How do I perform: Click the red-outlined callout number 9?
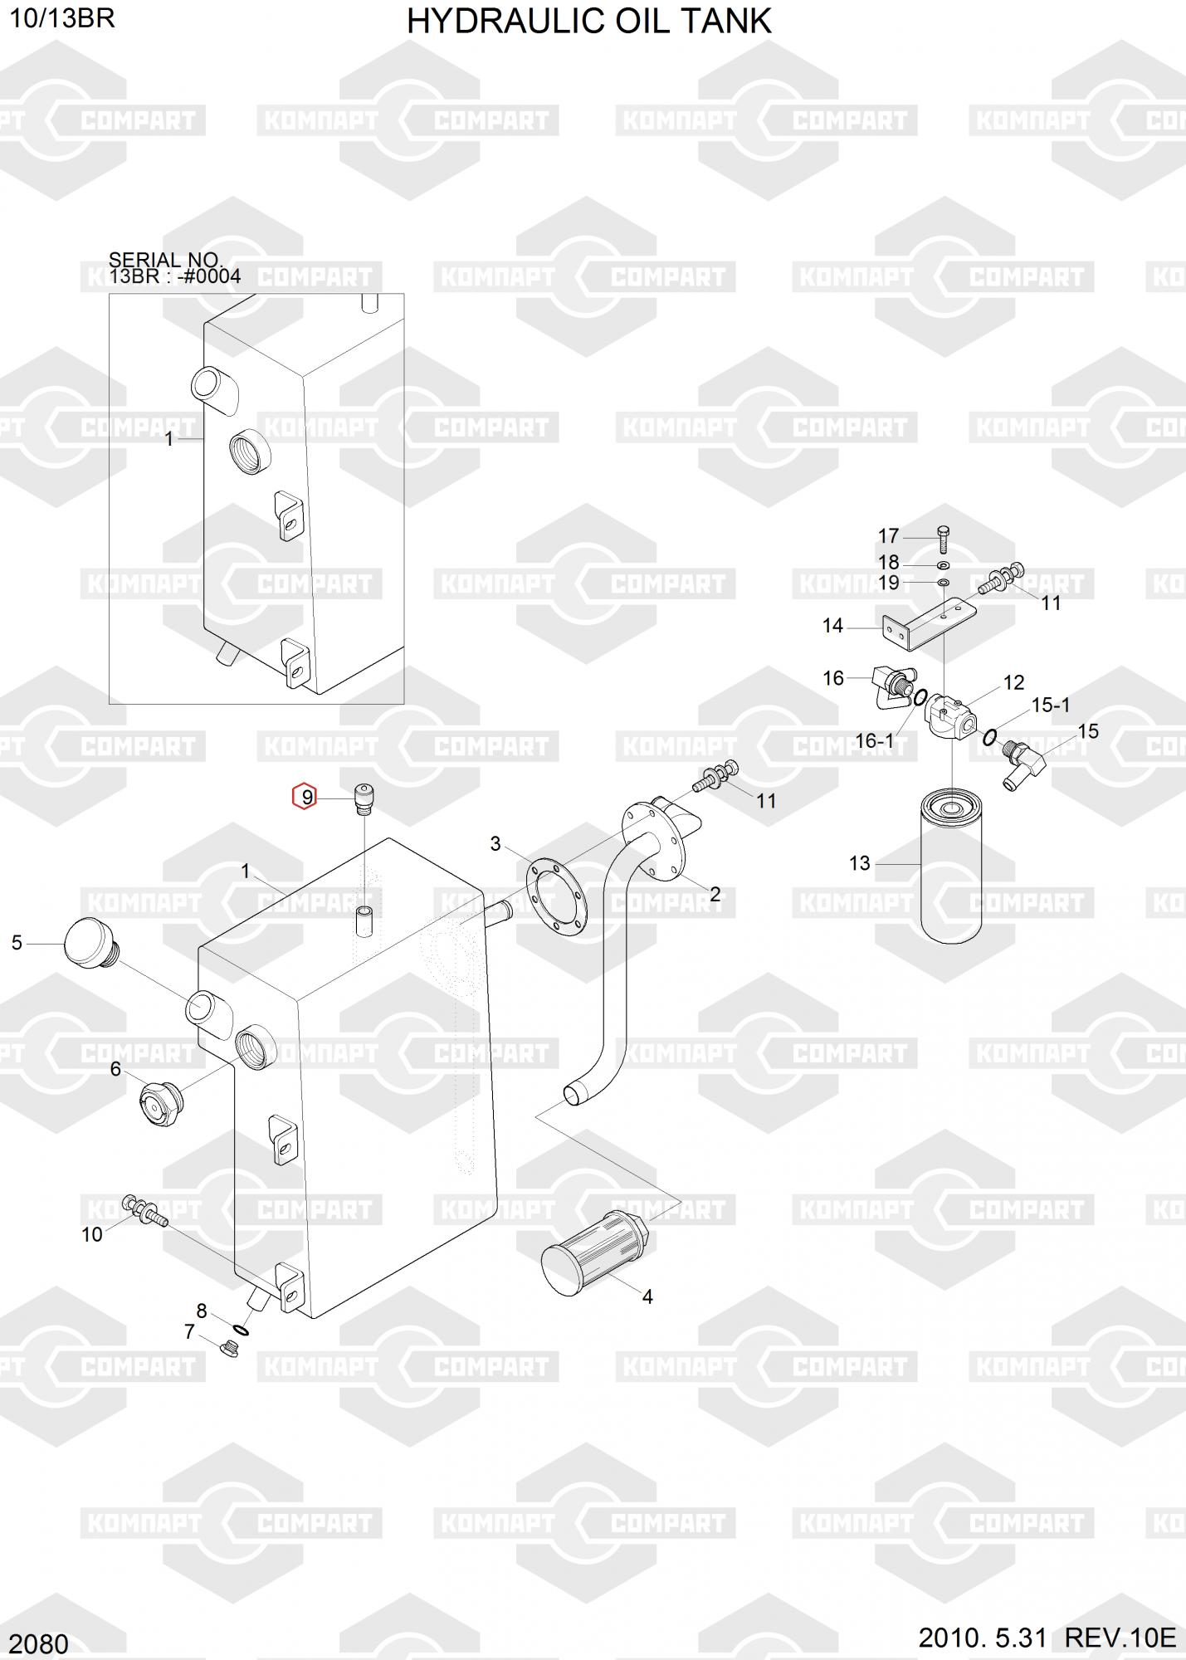click(305, 798)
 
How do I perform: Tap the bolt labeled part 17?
click(943, 539)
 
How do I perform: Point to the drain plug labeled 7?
click(232, 1349)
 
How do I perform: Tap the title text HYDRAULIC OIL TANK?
click(588, 21)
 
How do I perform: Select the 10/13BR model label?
click(61, 17)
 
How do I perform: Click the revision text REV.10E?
click(1120, 1638)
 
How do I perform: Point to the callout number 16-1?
click(874, 740)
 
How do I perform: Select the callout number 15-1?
click(1050, 705)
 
